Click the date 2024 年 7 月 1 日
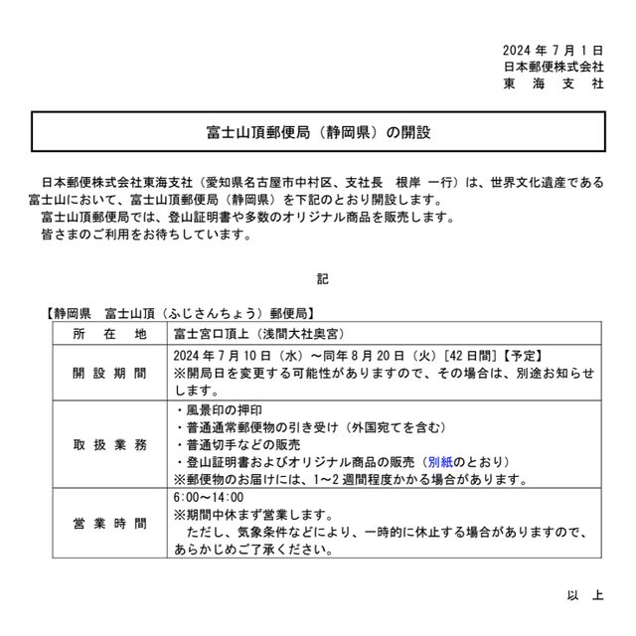554,49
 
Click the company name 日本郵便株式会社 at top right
554,66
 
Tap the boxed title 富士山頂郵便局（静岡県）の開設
317,131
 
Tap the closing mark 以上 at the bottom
585,595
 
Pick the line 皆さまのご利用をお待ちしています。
147,237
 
